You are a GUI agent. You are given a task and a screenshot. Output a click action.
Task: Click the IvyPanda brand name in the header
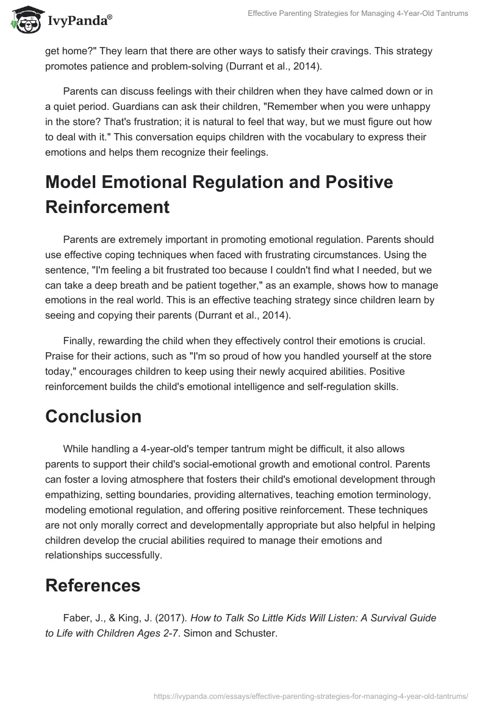(x=79, y=20)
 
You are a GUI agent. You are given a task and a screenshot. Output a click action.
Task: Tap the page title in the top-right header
(x=358, y=13)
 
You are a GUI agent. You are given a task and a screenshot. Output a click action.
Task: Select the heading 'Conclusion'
(x=93, y=416)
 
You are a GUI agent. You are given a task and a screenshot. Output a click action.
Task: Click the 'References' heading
(x=93, y=585)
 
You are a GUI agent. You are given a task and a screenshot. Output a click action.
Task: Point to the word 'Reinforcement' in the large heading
(x=107, y=206)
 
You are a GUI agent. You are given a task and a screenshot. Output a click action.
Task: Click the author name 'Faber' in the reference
(x=77, y=618)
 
